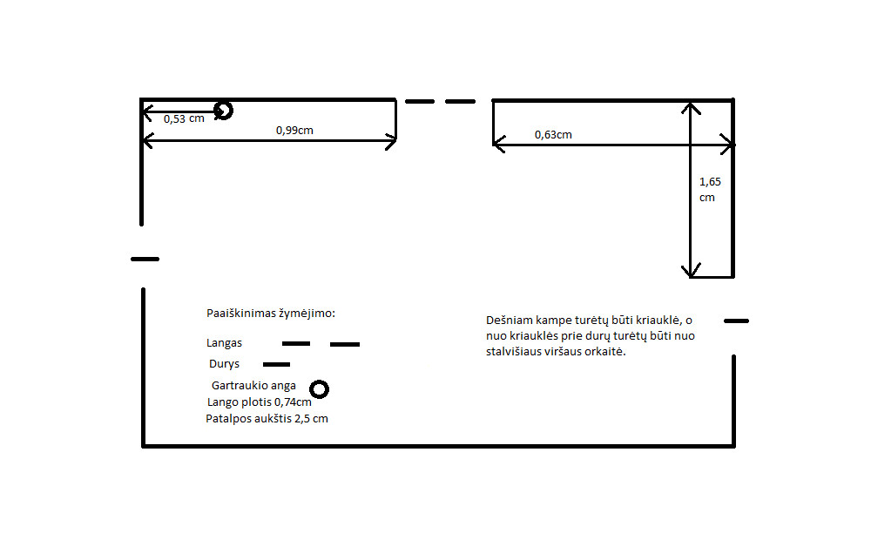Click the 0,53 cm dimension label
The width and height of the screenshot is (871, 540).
[x=184, y=119]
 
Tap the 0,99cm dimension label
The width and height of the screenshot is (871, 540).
[x=294, y=131]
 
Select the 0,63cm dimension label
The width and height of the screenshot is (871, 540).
[x=553, y=135]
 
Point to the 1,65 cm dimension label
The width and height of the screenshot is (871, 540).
[x=710, y=190]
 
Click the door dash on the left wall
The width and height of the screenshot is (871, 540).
[x=145, y=260]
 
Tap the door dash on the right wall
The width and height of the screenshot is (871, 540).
[x=737, y=321]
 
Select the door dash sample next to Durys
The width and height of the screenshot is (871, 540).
[x=277, y=365]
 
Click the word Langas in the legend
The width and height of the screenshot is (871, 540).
[x=224, y=343]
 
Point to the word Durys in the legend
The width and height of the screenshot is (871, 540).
[x=225, y=364]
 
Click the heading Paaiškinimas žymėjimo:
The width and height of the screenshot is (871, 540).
[x=271, y=314]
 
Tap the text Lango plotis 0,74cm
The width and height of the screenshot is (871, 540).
[x=260, y=402]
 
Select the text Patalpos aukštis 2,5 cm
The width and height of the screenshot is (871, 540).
[x=267, y=419]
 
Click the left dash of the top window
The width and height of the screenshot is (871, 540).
[x=420, y=102]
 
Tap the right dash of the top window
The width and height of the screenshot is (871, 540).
[x=461, y=102]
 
